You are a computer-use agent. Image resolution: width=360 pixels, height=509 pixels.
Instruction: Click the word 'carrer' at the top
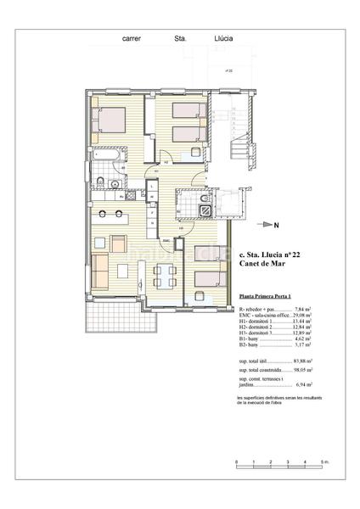[x=132, y=39]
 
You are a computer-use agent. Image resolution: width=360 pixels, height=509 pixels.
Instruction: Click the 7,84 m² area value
[x=303, y=310]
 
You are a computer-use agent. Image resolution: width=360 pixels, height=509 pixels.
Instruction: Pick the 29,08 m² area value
[x=302, y=316]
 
